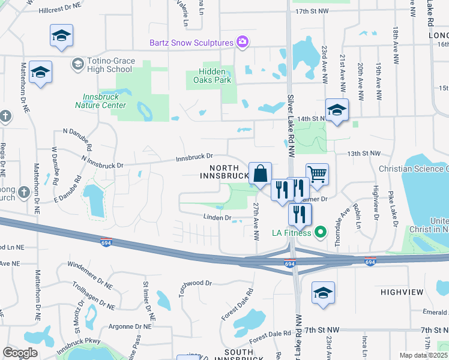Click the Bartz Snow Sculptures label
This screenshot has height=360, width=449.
pyautogui.click(x=191, y=43)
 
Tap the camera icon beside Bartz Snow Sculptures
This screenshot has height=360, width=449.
pyautogui.click(x=243, y=42)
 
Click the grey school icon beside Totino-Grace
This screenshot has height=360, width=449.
pyautogui.click(x=77, y=63)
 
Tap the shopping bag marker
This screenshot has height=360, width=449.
pyautogui.click(x=260, y=174)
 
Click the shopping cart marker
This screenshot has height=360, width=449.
pyautogui.click(x=317, y=175)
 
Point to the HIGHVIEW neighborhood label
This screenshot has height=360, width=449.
pyautogui.click(x=402, y=292)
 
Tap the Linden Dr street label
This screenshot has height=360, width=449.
pyautogui.click(x=217, y=218)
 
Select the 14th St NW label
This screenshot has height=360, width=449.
pyautogui.click(x=313, y=119)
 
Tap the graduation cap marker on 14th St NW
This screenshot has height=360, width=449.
pyautogui.click(x=337, y=110)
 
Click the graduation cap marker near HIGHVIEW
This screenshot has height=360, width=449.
pyautogui.click(x=323, y=293)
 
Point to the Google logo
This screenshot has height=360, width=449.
pyautogui.click(x=20, y=353)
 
